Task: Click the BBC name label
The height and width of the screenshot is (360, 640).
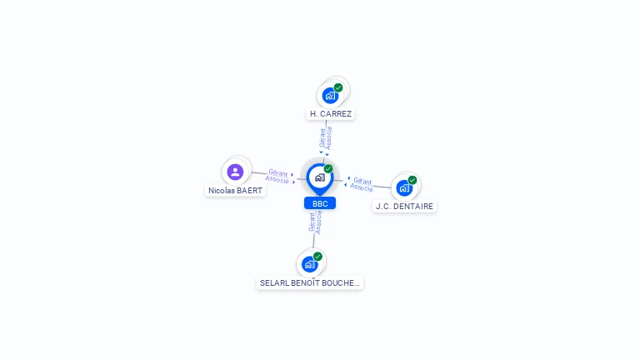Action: pos(320,203)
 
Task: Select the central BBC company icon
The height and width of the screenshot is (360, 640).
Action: pos(319,177)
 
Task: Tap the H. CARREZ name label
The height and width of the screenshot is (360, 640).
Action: pos(331,113)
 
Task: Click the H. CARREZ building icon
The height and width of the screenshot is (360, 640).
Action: pos(330,96)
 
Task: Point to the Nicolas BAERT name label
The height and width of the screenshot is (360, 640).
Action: pos(235,190)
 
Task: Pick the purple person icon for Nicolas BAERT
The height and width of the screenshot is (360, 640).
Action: pos(235,172)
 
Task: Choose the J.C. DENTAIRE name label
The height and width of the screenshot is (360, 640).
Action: pos(405,206)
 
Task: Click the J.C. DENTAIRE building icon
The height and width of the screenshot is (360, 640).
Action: pos(404,187)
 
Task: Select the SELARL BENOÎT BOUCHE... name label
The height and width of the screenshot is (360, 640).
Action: pos(310,282)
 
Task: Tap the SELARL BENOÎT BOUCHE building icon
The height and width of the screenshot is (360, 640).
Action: pos(309,264)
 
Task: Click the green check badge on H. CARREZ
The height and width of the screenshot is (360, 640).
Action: pos(338,87)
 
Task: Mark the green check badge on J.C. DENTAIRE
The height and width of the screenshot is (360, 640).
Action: pos(412,180)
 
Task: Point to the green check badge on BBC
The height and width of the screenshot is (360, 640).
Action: pos(328,168)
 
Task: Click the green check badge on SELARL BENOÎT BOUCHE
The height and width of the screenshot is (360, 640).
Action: pos(317,257)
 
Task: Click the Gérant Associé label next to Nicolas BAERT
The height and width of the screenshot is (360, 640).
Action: pos(277,176)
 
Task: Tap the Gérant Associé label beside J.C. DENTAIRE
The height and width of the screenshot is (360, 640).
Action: pos(362,183)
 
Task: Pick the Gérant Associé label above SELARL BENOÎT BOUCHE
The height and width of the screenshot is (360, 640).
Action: pos(315,222)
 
